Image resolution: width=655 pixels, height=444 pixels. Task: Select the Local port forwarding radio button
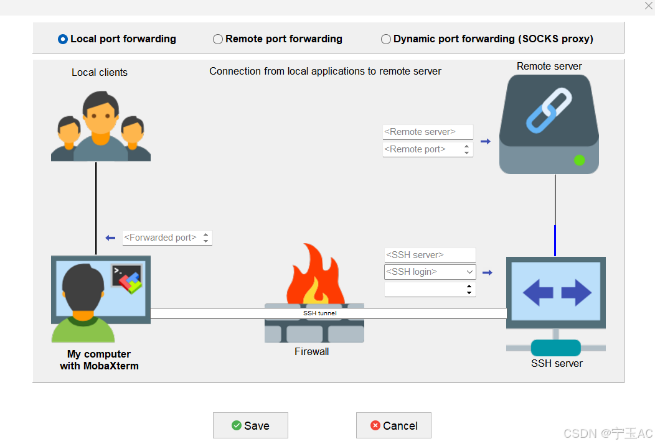pyautogui.click(x=63, y=39)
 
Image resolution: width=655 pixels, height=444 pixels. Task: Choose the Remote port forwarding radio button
pyautogui.click(x=218, y=39)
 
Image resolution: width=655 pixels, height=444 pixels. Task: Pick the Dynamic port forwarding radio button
pyautogui.click(x=386, y=39)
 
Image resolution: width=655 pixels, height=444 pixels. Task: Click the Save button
pyautogui.click(x=251, y=425)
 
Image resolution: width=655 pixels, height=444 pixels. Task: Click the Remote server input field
pyautogui.click(x=428, y=132)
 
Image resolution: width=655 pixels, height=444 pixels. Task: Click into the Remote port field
pyautogui.click(x=422, y=149)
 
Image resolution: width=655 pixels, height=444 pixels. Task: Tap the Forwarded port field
pyautogui.click(x=161, y=238)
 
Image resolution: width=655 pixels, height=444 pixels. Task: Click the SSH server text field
pyautogui.click(x=430, y=255)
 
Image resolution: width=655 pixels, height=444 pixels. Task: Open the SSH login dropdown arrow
pyautogui.click(x=469, y=272)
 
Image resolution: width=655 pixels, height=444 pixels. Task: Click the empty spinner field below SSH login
pyautogui.click(x=424, y=290)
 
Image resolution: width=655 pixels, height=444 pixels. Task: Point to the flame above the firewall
pyautogui.click(x=316, y=274)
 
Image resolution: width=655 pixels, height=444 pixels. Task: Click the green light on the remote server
pyautogui.click(x=580, y=160)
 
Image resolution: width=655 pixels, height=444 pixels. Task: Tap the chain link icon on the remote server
pyautogui.click(x=549, y=110)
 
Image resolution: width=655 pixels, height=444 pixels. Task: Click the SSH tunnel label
pyautogui.click(x=320, y=313)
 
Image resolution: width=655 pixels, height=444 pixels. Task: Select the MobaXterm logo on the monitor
pyautogui.click(x=127, y=277)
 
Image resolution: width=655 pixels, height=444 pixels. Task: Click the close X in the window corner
pyautogui.click(x=649, y=6)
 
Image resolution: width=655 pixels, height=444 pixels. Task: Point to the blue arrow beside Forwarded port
pyautogui.click(x=110, y=238)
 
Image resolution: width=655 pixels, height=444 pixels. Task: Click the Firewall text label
pyautogui.click(x=312, y=352)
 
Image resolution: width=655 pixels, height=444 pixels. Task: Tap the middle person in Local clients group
pyautogui.click(x=100, y=125)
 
